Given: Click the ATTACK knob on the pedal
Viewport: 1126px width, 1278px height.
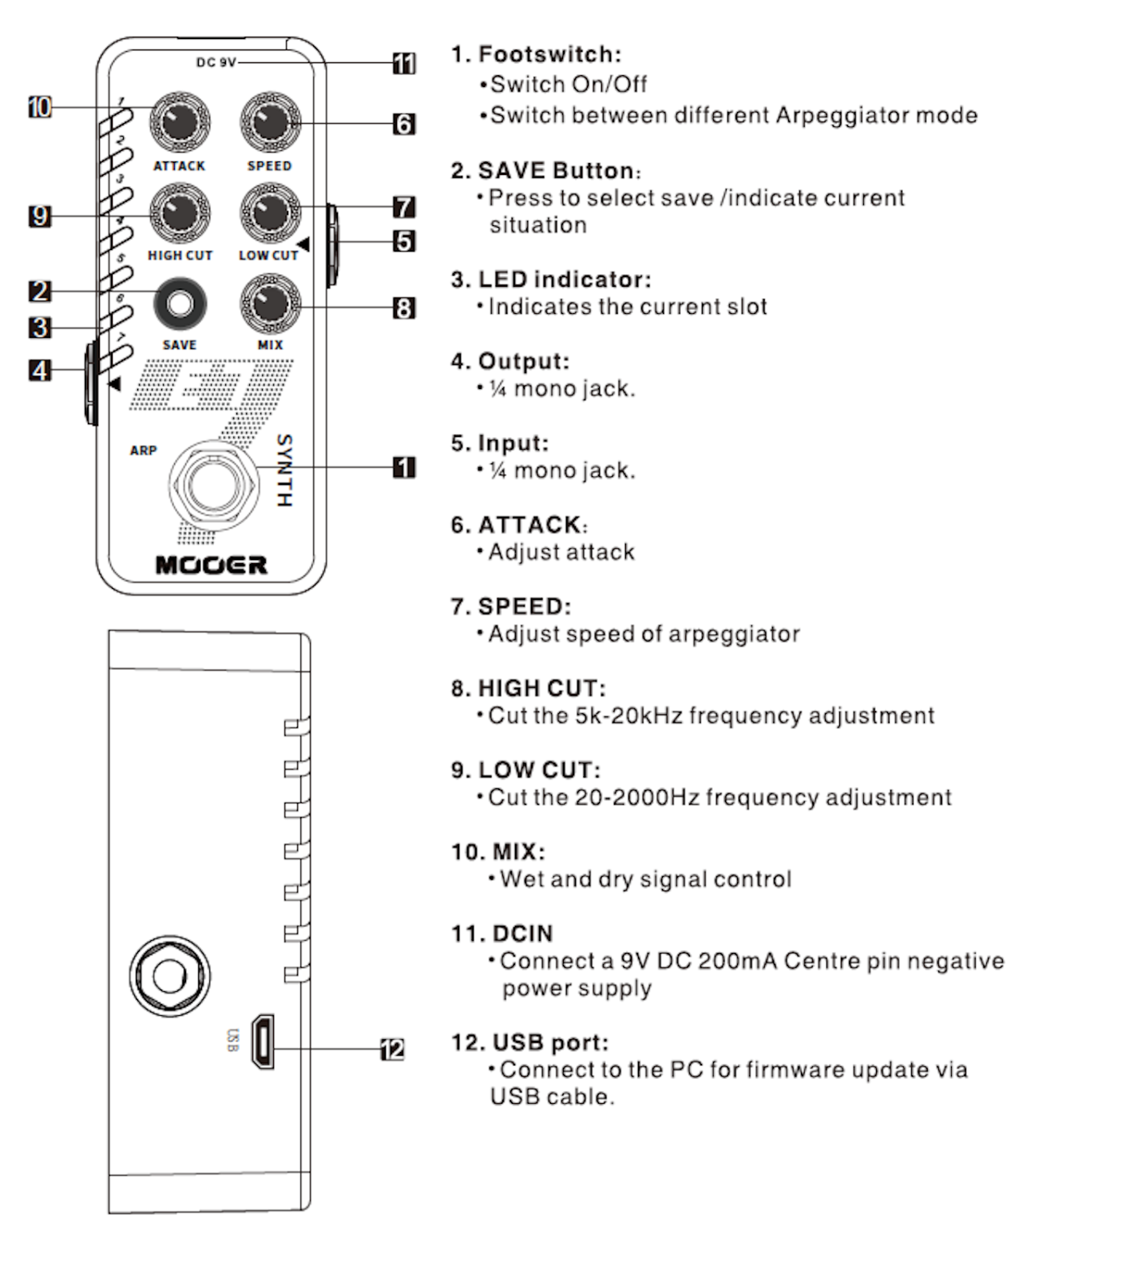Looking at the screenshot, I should click(180, 122).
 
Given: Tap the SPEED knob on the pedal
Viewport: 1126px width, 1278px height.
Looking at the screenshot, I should click(270, 122).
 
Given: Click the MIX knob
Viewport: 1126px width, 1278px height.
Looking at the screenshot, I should click(270, 304).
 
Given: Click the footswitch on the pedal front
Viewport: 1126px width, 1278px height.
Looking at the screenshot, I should click(214, 484).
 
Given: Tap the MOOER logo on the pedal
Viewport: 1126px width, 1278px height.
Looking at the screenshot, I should click(212, 566).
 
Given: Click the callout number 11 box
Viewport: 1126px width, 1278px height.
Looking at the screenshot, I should click(404, 63).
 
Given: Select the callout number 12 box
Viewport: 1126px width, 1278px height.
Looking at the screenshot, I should click(392, 1049).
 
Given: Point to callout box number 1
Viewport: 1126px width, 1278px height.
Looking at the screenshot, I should click(404, 467).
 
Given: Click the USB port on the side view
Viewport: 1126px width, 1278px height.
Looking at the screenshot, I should click(263, 1042).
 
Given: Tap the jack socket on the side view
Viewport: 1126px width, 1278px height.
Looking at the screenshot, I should click(169, 976).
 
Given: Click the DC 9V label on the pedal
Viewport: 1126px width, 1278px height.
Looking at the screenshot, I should click(216, 62).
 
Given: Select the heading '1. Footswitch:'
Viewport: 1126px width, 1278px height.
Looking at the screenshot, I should click(536, 54).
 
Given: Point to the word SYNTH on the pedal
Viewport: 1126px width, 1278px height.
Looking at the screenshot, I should click(284, 470).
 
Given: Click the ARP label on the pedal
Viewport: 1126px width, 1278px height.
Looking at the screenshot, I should click(143, 450).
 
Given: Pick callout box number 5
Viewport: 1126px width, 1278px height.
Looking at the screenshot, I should click(404, 240).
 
